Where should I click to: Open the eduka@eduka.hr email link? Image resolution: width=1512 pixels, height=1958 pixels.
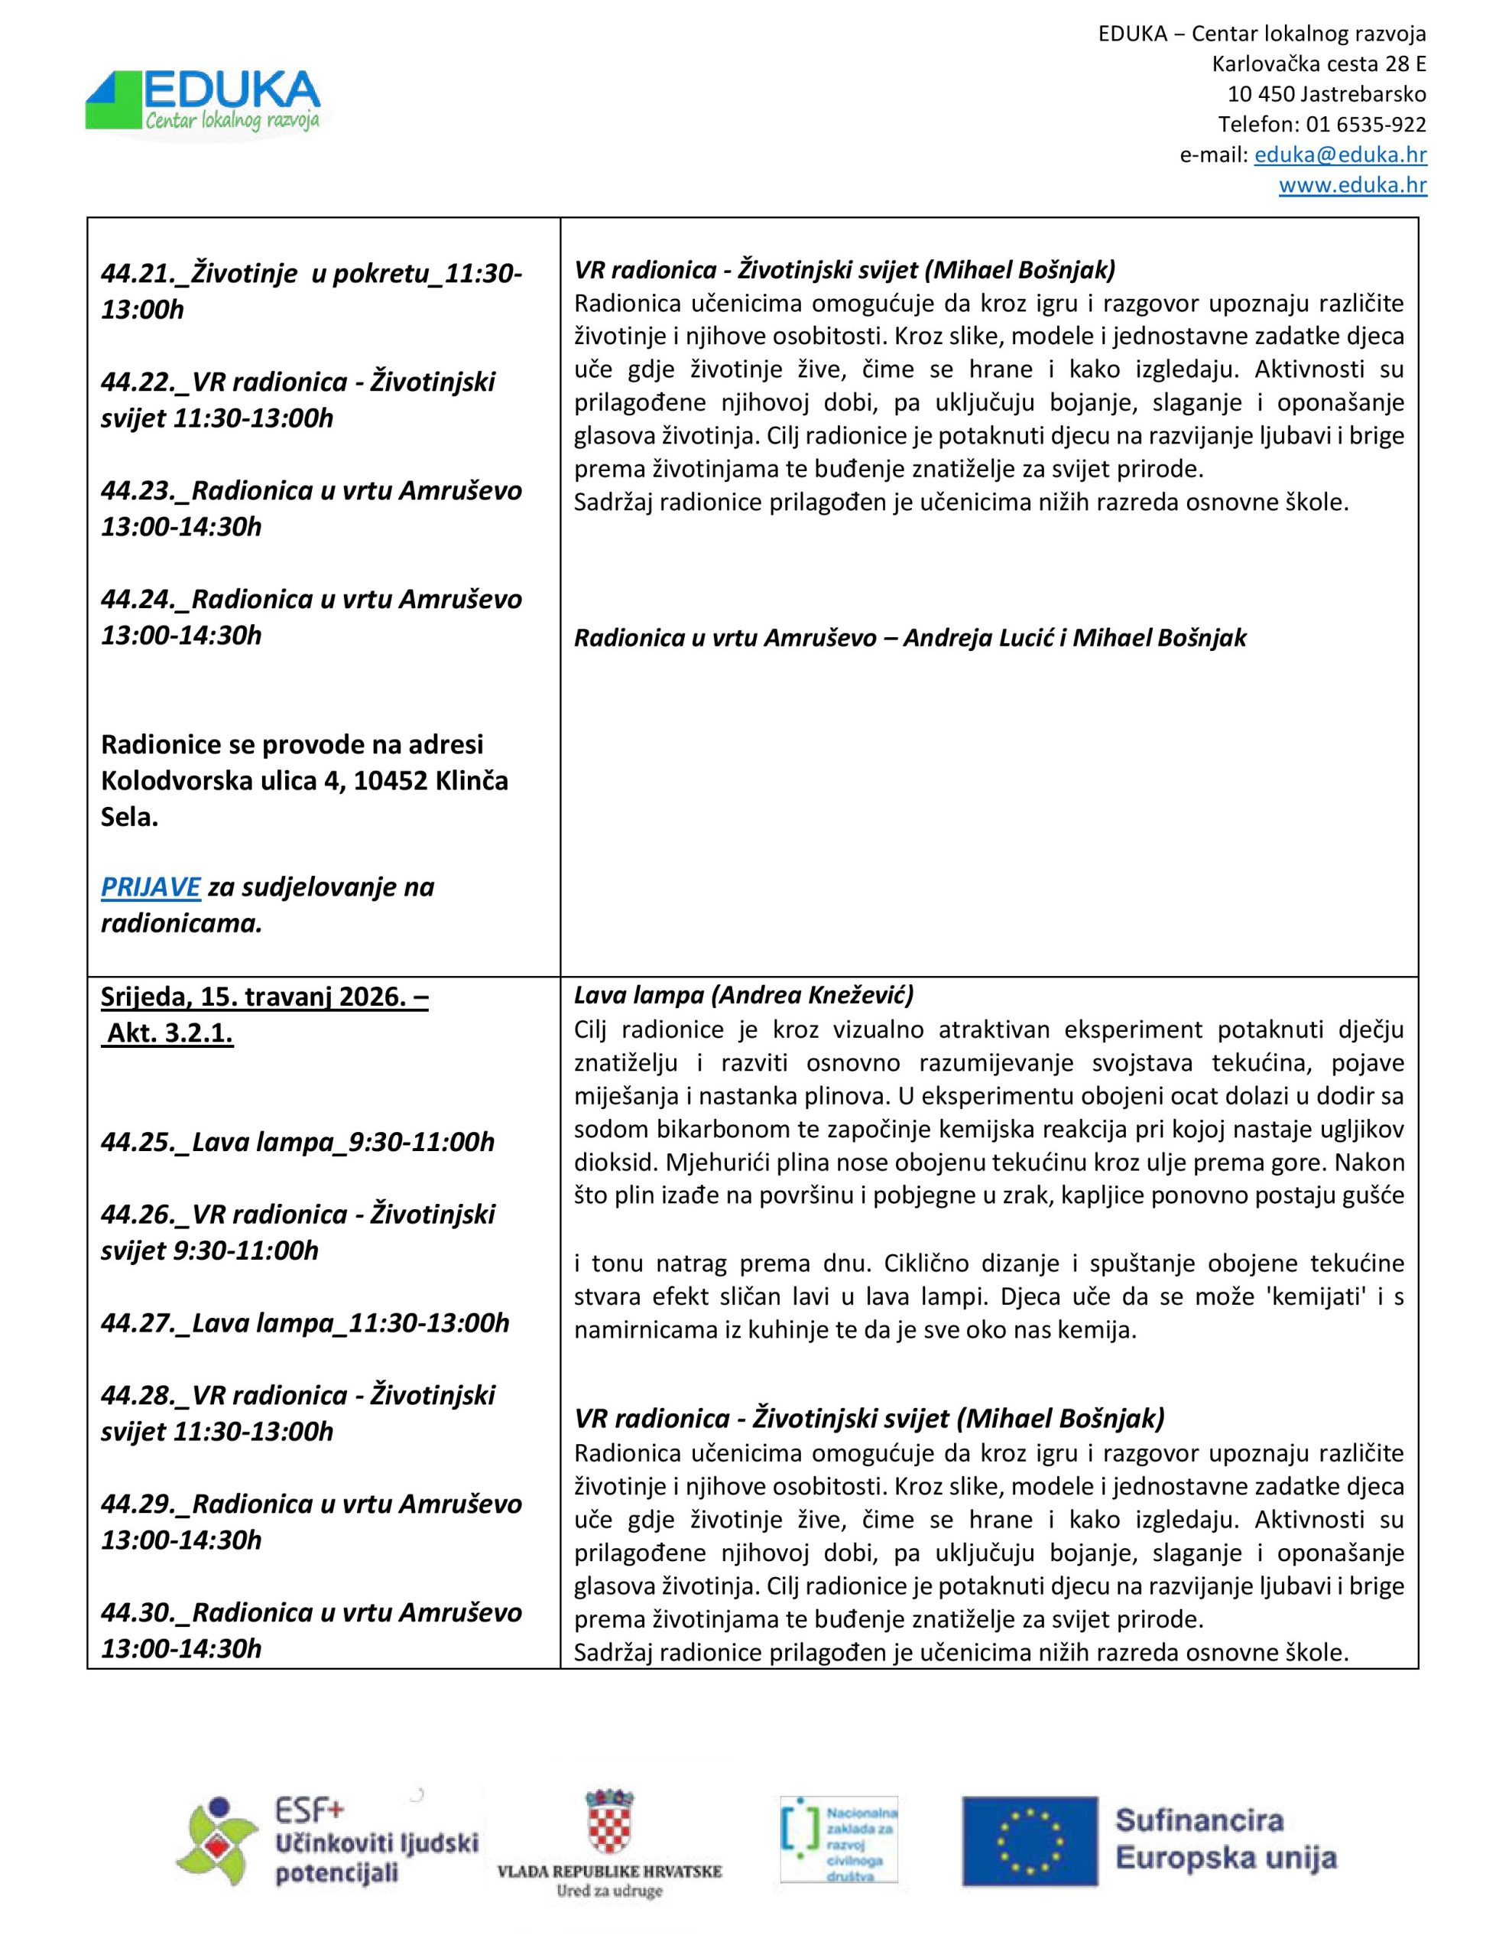pos(1340,155)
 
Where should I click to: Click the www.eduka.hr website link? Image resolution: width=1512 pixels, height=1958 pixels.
pos(1351,186)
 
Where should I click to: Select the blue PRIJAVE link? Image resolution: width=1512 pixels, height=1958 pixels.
pos(150,886)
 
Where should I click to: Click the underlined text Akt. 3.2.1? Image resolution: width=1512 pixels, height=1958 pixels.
pos(170,1034)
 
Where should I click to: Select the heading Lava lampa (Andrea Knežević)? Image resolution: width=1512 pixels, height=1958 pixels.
pos(743,995)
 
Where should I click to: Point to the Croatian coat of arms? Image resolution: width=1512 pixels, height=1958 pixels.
pos(609,1824)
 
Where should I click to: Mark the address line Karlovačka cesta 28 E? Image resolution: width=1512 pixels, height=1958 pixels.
pos(1319,64)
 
